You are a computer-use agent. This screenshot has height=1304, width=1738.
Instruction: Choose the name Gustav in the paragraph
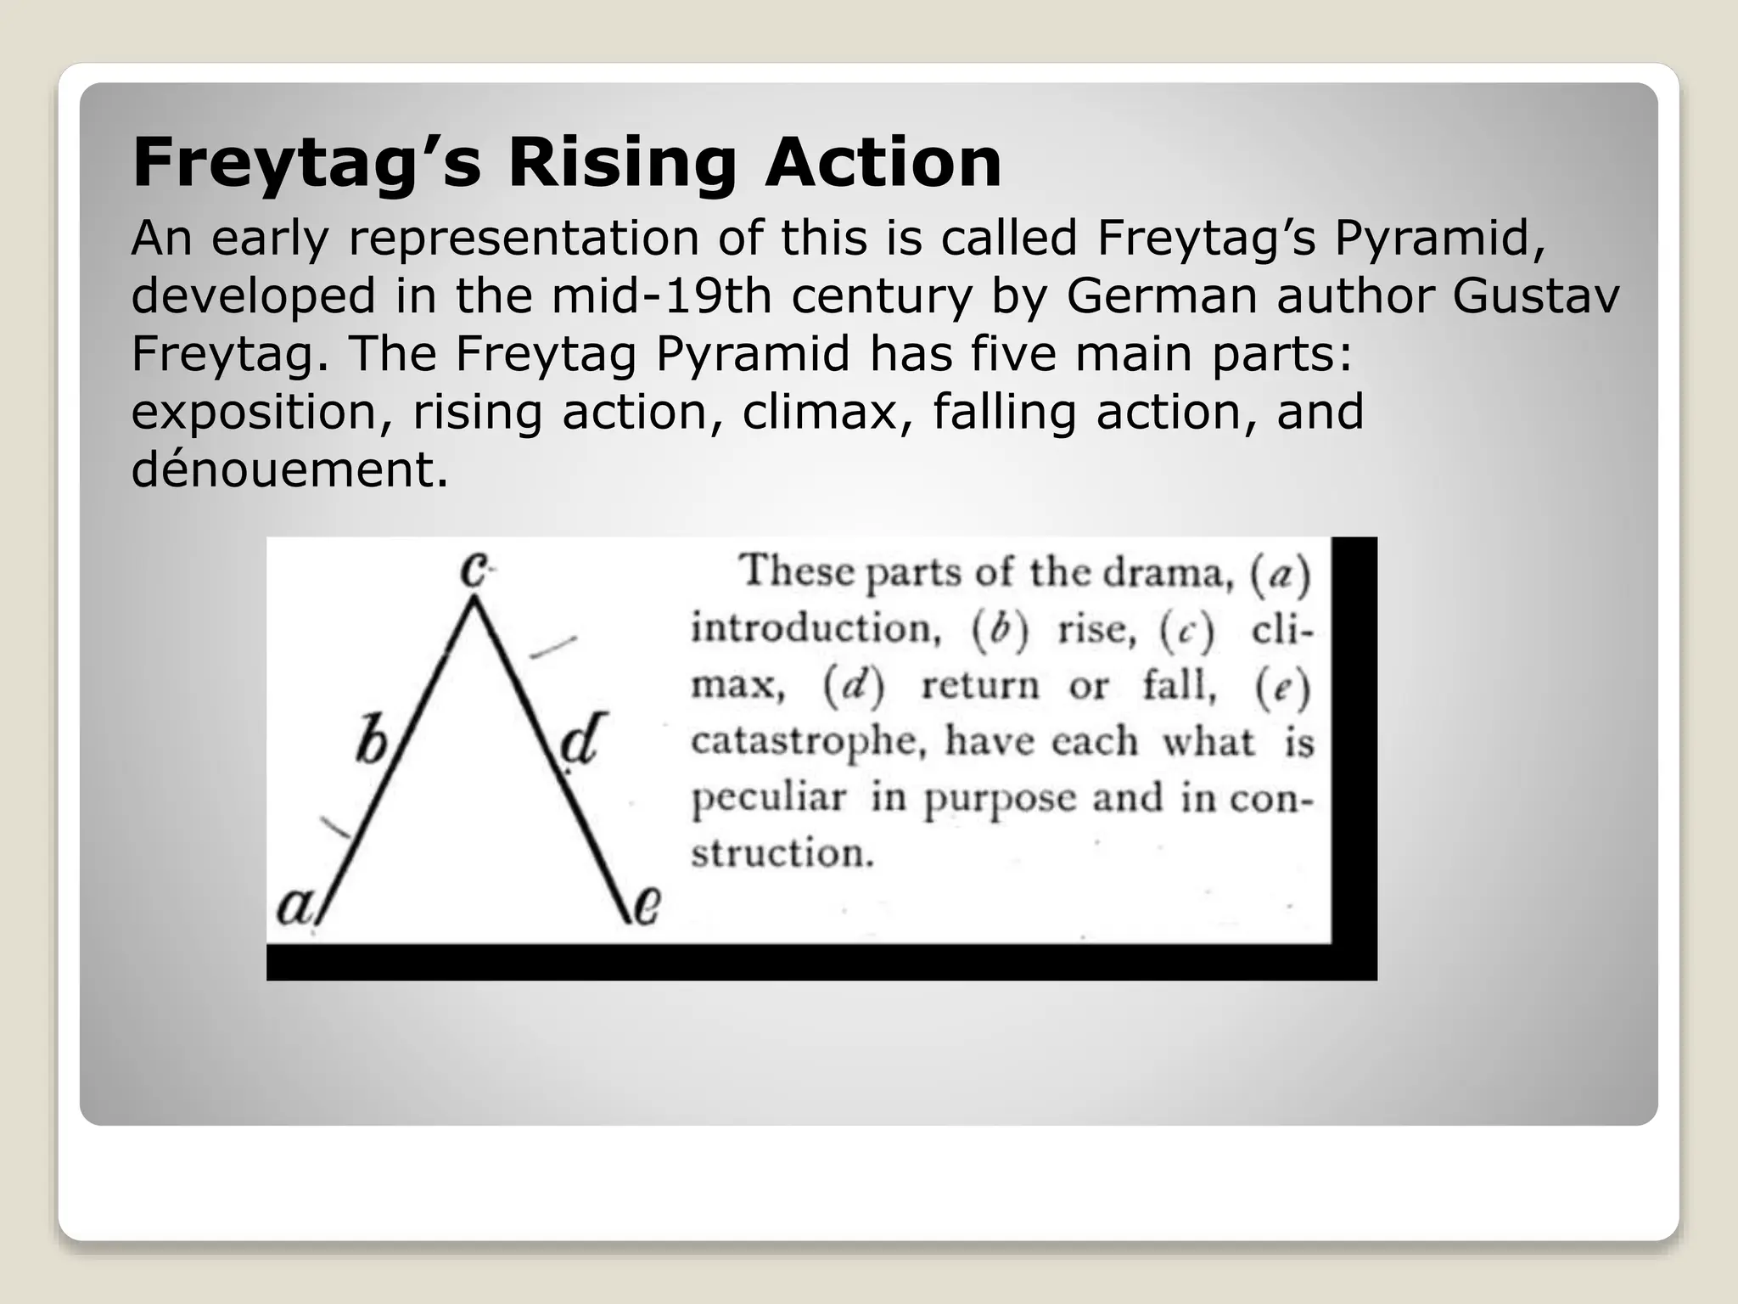click(x=1536, y=296)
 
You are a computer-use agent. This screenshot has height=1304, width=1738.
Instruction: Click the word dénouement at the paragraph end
click(x=289, y=469)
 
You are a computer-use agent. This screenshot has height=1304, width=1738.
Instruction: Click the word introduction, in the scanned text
click(x=816, y=629)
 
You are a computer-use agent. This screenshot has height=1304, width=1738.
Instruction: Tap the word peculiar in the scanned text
click(x=769, y=798)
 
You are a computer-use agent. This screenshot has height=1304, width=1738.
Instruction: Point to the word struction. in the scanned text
click(x=782, y=852)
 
